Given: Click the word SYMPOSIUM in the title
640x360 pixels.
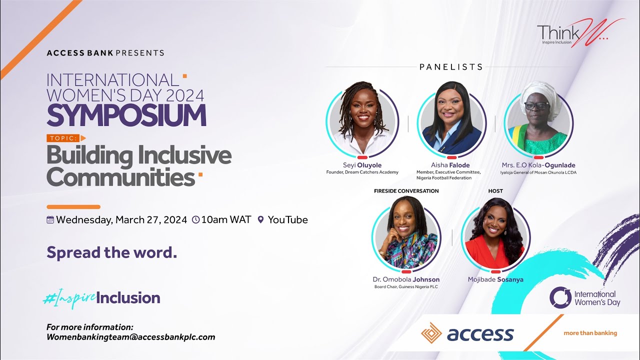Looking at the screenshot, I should click(x=126, y=115).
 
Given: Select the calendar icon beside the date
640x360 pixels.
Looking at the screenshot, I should click(x=50, y=220).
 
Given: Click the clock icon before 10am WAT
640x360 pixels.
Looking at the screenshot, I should click(x=195, y=220).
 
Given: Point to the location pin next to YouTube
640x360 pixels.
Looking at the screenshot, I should click(x=260, y=220).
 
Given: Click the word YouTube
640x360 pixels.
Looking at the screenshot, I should click(x=287, y=220).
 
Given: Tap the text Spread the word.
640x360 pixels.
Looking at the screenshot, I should click(x=111, y=252).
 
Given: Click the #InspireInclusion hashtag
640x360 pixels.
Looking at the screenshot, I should click(x=101, y=298).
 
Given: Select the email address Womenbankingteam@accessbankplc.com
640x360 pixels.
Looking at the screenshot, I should click(x=130, y=337).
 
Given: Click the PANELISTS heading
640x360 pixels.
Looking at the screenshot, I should click(x=451, y=67).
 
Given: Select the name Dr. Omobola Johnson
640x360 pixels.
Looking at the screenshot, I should click(x=406, y=279).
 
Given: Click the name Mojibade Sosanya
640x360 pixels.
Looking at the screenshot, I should click(x=495, y=279).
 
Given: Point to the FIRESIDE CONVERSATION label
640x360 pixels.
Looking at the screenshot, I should click(x=406, y=191).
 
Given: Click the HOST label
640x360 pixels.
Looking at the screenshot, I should click(x=495, y=191).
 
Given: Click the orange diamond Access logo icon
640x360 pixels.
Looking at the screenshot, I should click(x=431, y=333).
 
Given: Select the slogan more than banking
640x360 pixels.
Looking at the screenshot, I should click(x=590, y=333).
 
